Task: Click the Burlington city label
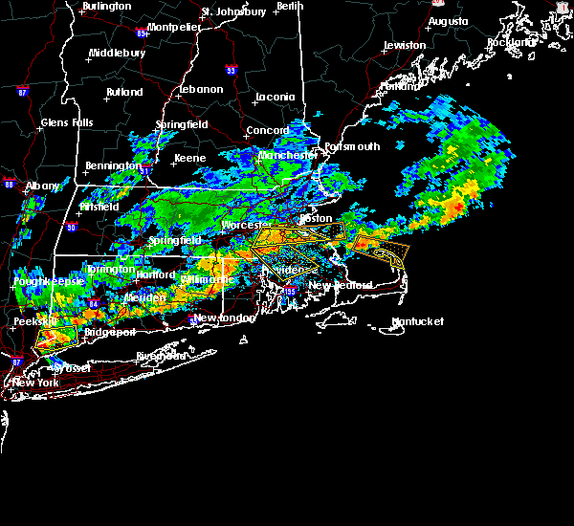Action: tap(106, 7)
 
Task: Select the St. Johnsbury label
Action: tap(233, 12)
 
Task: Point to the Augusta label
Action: tap(448, 21)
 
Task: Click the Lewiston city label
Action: tap(404, 45)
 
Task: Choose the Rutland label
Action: tap(124, 92)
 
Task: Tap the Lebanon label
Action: tap(201, 89)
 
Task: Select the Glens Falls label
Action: tap(67, 122)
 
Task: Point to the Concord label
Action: tap(268, 130)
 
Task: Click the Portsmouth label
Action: tap(352, 146)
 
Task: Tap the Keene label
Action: tap(189, 158)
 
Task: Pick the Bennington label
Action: tap(112, 165)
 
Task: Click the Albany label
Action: tap(42, 186)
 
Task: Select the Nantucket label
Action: tap(417, 321)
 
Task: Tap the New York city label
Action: tap(35, 383)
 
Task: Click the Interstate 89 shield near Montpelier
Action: tap(142, 33)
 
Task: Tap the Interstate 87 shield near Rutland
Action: tap(21, 92)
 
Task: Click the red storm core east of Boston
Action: tap(458, 206)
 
